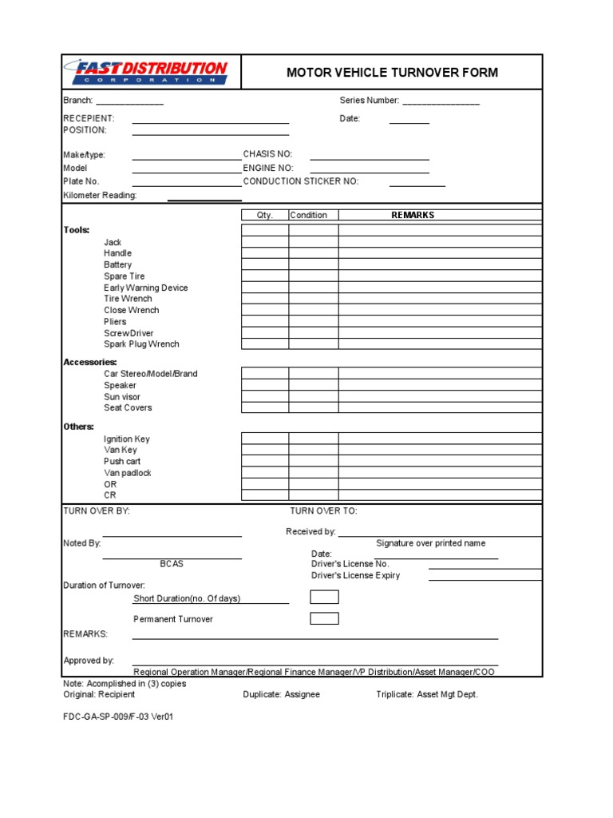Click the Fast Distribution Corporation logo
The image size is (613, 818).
pyautogui.click(x=149, y=72)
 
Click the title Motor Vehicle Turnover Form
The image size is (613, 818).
pyautogui.click(x=392, y=73)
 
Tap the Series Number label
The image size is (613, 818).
pyautogui.click(x=369, y=101)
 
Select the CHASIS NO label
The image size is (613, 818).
pyautogui.click(x=267, y=153)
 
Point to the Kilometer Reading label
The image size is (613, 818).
pyautogui.click(x=100, y=195)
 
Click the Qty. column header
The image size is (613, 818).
pyautogui.click(x=265, y=215)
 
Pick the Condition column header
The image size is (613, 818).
pyautogui.click(x=309, y=215)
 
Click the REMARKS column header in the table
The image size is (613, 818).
pyautogui.click(x=413, y=215)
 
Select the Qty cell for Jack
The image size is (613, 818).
pyautogui.click(x=265, y=242)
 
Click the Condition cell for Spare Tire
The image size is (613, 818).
pyautogui.click(x=313, y=276)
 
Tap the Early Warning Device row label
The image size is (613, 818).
pyautogui.click(x=146, y=288)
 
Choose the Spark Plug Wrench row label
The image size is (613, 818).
pyautogui.click(x=141, y=344)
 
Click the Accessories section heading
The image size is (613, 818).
pyautogui.click(x=90, y=362)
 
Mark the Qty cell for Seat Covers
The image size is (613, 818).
pyautogui.click(x=265, y=407)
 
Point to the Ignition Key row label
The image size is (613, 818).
pyautogui.click(x=126, y=439)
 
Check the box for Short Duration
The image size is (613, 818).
pyautogui.click(x=324, y=598)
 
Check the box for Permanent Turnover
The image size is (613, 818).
pyautogui.click(x=324, y=618)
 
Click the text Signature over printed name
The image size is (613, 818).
pyautogui.click(x=430, y=543)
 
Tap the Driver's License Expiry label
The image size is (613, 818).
pyautogui.click(x=355, y=575)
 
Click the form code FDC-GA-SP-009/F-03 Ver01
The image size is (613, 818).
pyautogui.click(x=118, y=717)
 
